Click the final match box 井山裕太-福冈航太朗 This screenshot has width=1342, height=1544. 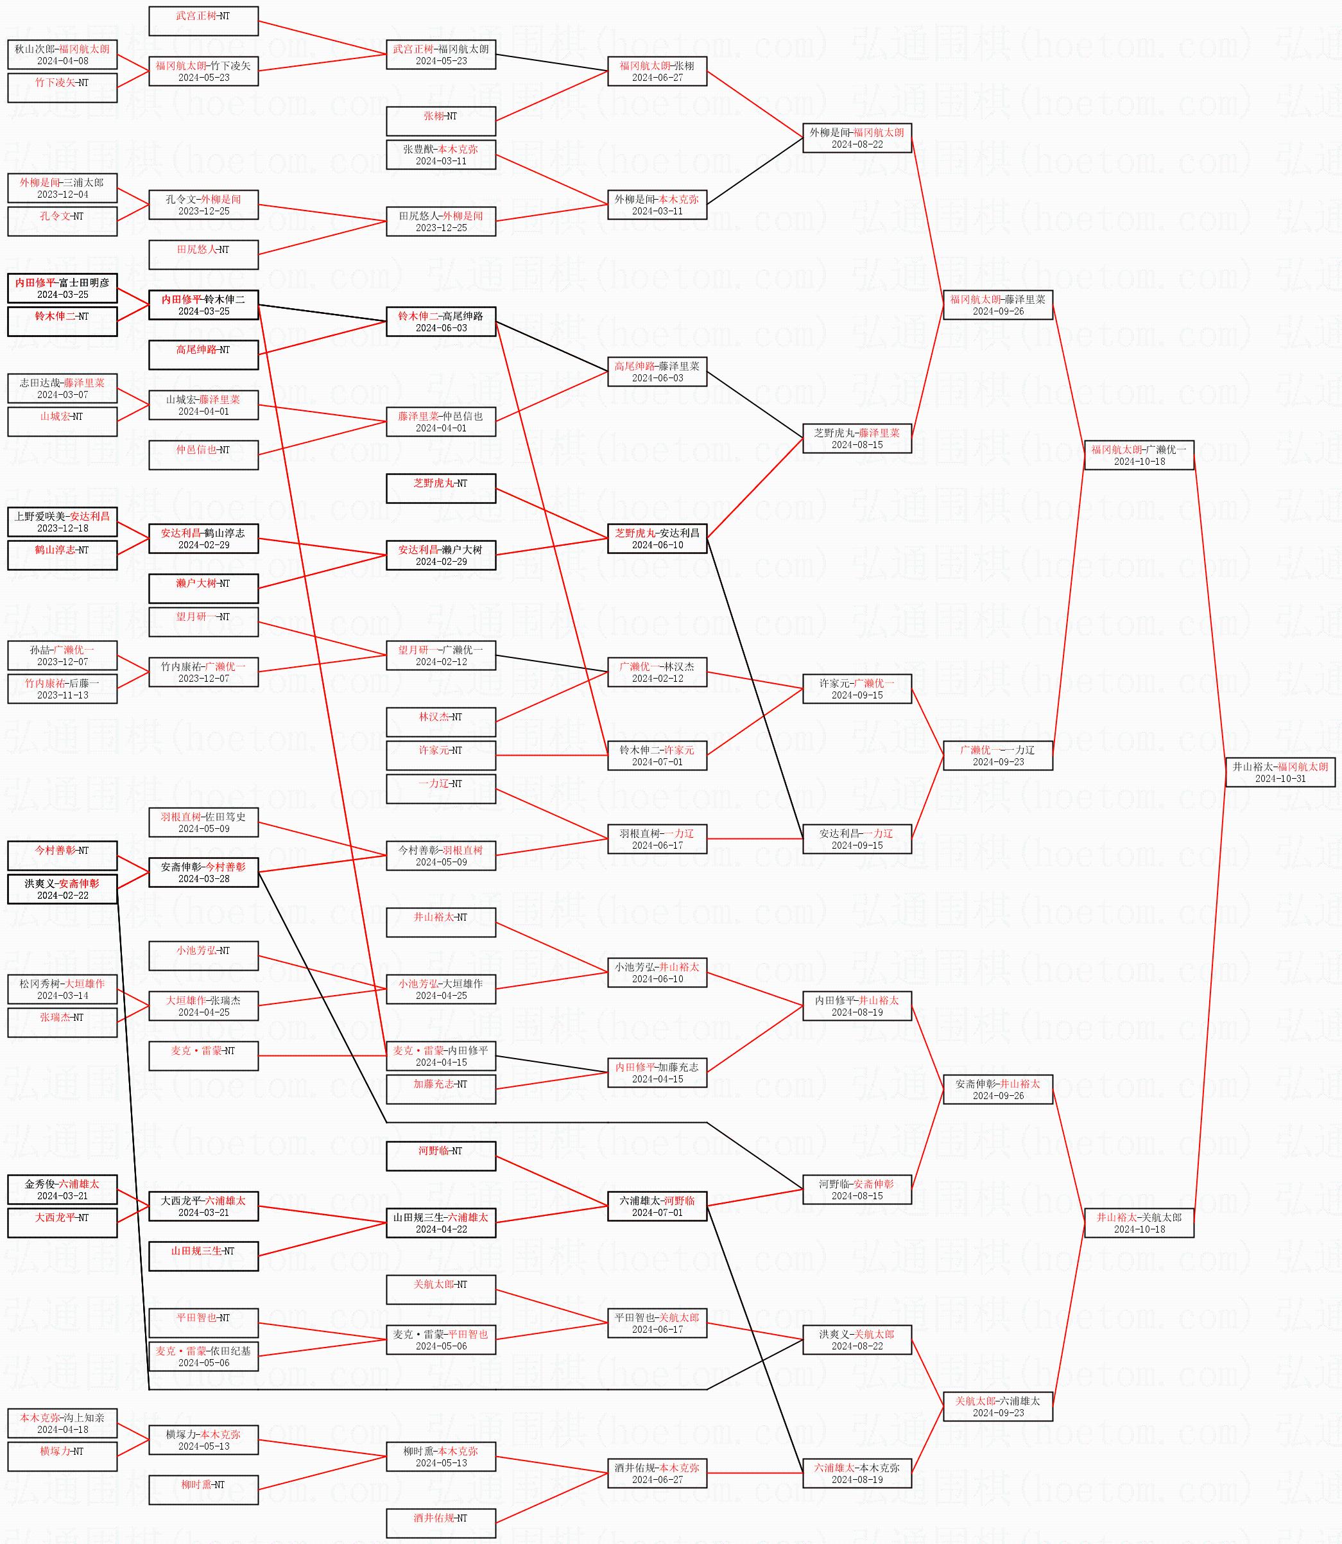pyautogui.click(x=1280, y=772)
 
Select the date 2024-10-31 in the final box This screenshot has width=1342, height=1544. pyautogui.click(x=1280, y=778)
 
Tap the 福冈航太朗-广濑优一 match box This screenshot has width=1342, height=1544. pyautogui.click(x=1139, y=455)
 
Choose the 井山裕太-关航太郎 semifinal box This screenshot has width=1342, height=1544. pyautogui.click(x=1139, y=1222)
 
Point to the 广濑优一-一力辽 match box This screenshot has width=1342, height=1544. pyautogui.click(x=997, y=755)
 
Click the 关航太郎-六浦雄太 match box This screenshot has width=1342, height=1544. pyautogui.click(x=997, y=1406)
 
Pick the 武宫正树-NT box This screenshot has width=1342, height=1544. pyautogui.click(x=203, y=21)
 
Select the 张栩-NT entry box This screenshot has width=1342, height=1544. pyautogui.click(x=440, y=121)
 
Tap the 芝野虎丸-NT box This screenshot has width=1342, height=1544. pyautogui.click(x=440, y=489)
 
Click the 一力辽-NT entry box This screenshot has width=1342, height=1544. pyautogui.click(x=440, y=789)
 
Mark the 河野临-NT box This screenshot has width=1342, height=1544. pyautogui.click(x=440, y=1156)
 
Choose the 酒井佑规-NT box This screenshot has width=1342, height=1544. pyautogui.click(x=440, y=1523)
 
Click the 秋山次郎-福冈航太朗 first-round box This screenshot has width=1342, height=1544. pyautogui.click(x=62, y=55)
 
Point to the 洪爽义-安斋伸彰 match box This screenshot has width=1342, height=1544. pyautogui.click(x=62, y=889)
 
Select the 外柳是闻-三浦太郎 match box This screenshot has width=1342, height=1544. pyautogui.click(x=62, y=188)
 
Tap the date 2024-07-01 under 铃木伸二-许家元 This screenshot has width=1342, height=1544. pyautogui.click(x=657, y=762)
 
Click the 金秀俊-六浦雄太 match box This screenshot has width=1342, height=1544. pyautogui.click(x=62, y=1190)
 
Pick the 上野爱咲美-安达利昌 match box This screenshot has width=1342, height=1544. pyautogui.click(x=62, y=521)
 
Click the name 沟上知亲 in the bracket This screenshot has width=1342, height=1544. pyautogui.click(x=84, y=1418)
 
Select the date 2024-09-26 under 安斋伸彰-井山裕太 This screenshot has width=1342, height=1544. pyautogui.click(x=997, y=1095)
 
